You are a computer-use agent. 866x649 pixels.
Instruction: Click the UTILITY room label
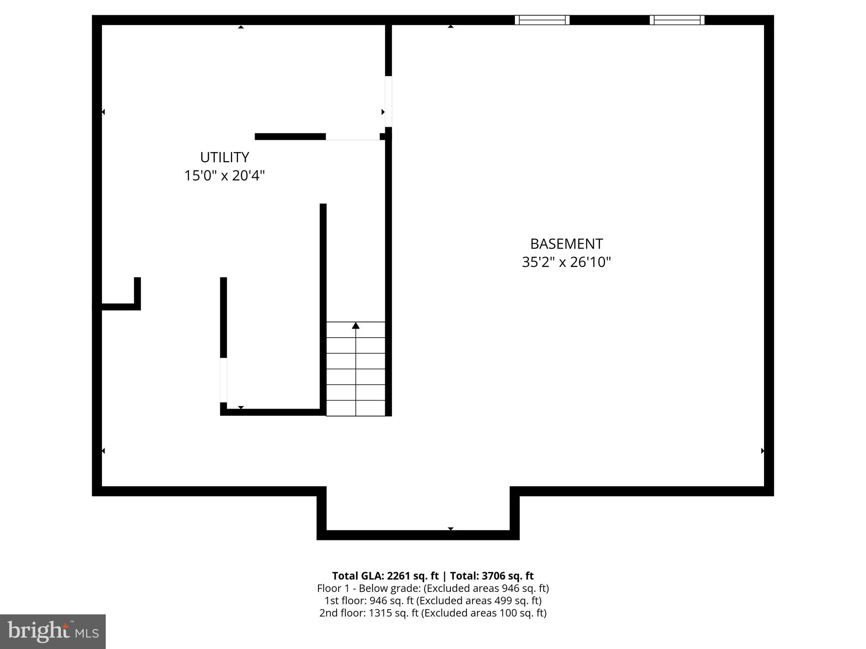click(225, 157)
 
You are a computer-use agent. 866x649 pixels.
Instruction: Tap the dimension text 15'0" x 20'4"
click(225, 176)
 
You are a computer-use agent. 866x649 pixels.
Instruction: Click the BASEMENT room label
click(566, 244)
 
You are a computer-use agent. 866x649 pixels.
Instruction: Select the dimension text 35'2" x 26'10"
click(566, 262)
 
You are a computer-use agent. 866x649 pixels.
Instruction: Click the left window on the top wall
click(542, 20)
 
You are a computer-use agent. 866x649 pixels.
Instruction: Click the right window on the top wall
click(677, 20)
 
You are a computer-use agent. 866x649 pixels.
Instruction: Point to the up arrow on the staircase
click(356, 325)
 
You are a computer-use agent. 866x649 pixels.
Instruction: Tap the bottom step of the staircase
click(356, 408)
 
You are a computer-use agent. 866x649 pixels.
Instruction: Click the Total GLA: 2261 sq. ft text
click(385, 576)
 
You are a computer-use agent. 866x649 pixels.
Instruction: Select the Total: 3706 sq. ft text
click(492, 576)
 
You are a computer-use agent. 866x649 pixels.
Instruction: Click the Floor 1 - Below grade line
click(433, 588)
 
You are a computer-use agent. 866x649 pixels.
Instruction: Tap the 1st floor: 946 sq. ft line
click(433, 600)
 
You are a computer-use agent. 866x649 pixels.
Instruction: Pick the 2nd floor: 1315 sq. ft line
click(433, 613)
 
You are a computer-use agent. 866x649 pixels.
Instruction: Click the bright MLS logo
click(53, 631)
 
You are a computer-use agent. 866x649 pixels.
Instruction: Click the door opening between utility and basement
click(388, 101)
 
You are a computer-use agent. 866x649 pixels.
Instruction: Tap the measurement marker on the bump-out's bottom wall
click(451, 529)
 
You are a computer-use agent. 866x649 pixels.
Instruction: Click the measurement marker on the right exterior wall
click(762, 451)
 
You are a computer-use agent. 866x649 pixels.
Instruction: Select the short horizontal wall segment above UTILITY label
click(290, 136)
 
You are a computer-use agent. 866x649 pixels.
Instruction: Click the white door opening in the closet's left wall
click(223, 380)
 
